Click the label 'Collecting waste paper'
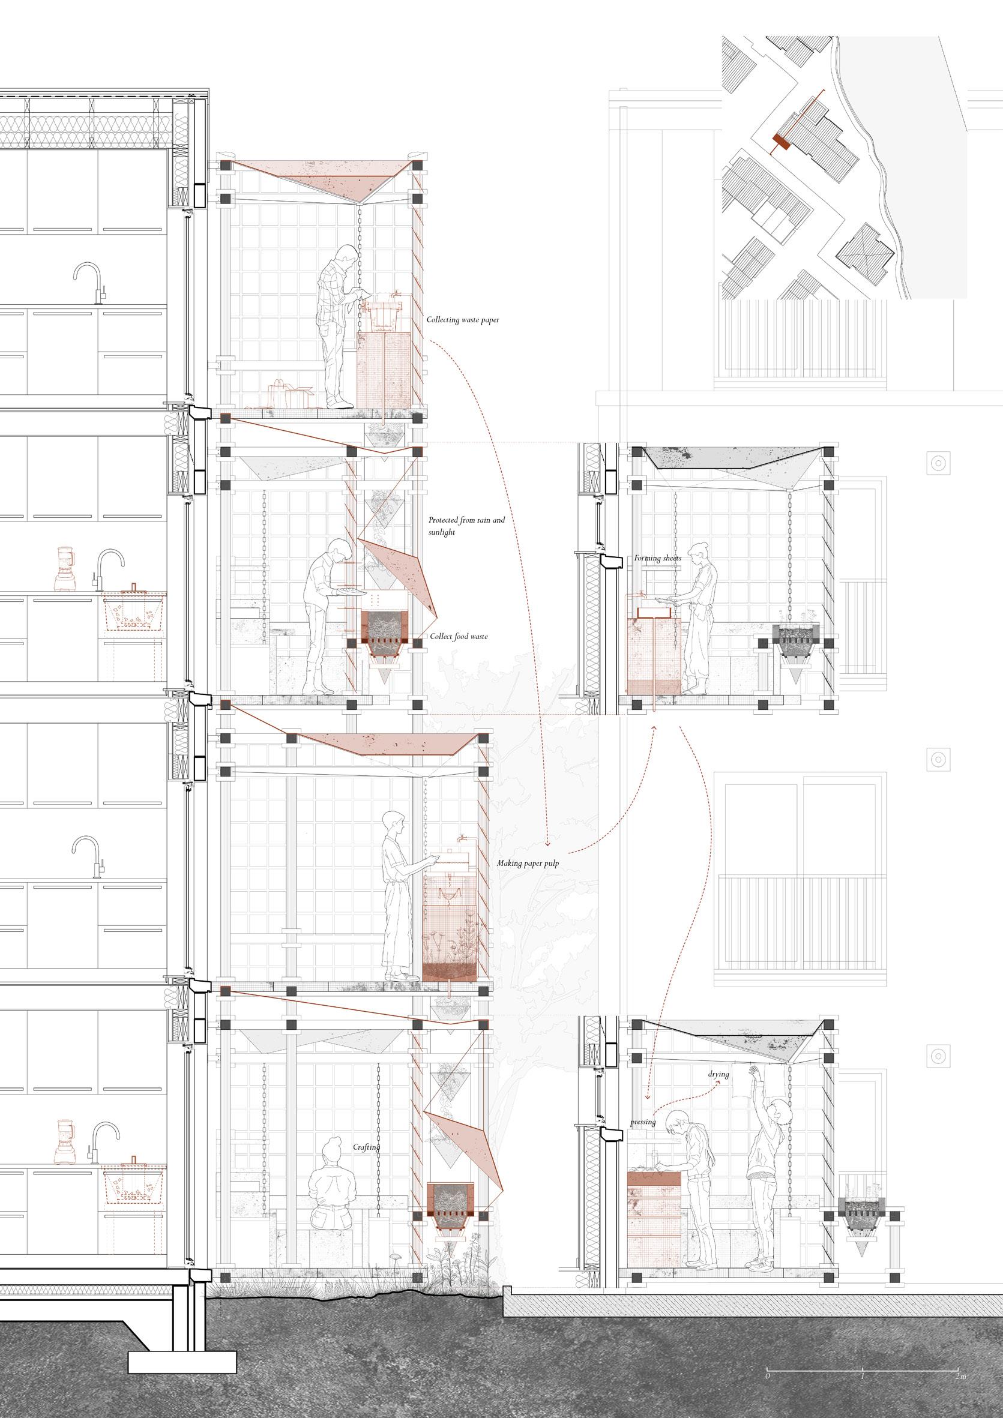[463, 320]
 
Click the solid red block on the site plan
[782, 142]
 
